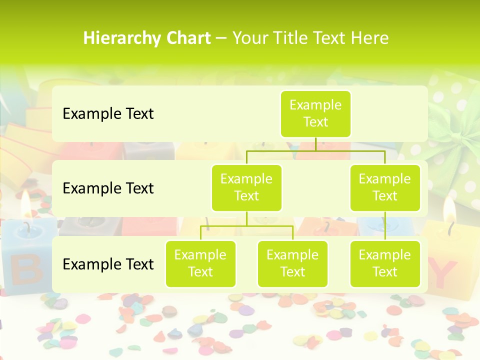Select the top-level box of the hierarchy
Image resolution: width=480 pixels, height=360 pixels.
(315, 114)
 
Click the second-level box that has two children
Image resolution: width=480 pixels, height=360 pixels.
(246, 187)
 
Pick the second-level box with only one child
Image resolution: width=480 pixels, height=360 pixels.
(385, 187)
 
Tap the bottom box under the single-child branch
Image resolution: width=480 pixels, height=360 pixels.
(385, 263)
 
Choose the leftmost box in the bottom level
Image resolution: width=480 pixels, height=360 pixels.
(200, 263)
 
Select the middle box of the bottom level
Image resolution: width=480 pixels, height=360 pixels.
(292, 263)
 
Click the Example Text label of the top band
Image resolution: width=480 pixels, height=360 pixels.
(108, 114)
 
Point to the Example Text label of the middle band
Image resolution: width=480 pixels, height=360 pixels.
(108, 188)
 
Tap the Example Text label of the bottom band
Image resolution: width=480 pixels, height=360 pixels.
(108, 264)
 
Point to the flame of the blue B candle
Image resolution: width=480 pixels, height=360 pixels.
(26, 202)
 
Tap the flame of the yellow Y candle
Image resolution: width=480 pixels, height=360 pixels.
(449, 210)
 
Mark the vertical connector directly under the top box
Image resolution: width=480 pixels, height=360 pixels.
(315, 144)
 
